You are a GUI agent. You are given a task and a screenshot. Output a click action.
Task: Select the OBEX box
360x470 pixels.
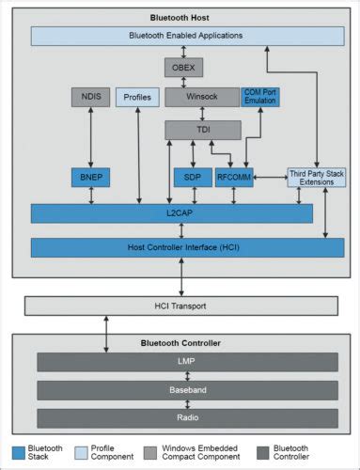[183, 68]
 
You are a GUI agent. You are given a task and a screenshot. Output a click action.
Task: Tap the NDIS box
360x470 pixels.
[90, 97]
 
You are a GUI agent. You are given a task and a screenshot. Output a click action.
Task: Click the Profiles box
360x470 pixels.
[137, 97]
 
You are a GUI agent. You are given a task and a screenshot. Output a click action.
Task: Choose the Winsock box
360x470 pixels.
[201, 97]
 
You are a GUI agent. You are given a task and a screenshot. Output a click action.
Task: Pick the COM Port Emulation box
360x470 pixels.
[259, 97]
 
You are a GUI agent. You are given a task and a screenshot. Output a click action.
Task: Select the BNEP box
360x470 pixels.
[90, 177]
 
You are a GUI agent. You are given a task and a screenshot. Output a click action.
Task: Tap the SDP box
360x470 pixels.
[193, 177]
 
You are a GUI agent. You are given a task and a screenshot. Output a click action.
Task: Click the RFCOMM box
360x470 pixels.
[233, 177]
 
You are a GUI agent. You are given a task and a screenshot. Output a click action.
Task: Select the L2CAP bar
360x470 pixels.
[171, 214]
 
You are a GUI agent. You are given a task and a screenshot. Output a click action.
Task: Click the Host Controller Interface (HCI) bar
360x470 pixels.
[187, 247]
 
